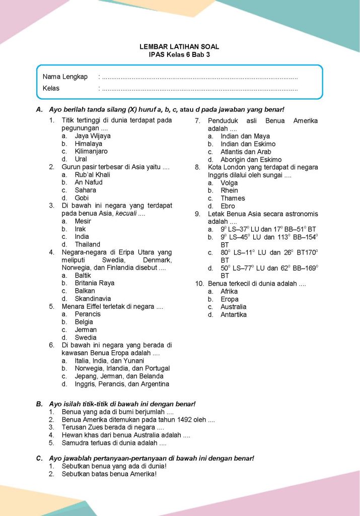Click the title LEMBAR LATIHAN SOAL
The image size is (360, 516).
tap(179, 47)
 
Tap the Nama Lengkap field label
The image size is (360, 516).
tap(65, 77)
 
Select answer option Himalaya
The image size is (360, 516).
tap(88, 144)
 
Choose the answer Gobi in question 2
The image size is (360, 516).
tap(82, 198)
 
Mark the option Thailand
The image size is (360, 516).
tap(87, 244)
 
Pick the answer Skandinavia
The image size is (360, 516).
tap(93, 299)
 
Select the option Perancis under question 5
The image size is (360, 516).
tap(88, 314)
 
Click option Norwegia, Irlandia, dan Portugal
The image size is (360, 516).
tap(122, 368)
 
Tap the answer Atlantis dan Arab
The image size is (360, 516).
tap(246, 152)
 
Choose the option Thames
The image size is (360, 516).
tap(233, 199)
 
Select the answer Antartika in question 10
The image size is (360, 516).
tap(234, 315)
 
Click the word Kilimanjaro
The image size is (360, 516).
tap(91, 151)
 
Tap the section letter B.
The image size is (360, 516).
tap(39, 404)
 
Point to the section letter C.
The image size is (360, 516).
tap(39, 459)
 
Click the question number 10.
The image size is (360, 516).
tap(199, 284)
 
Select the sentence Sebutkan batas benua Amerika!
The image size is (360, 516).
tap(109, 474)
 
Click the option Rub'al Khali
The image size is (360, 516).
tap(92, 175)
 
